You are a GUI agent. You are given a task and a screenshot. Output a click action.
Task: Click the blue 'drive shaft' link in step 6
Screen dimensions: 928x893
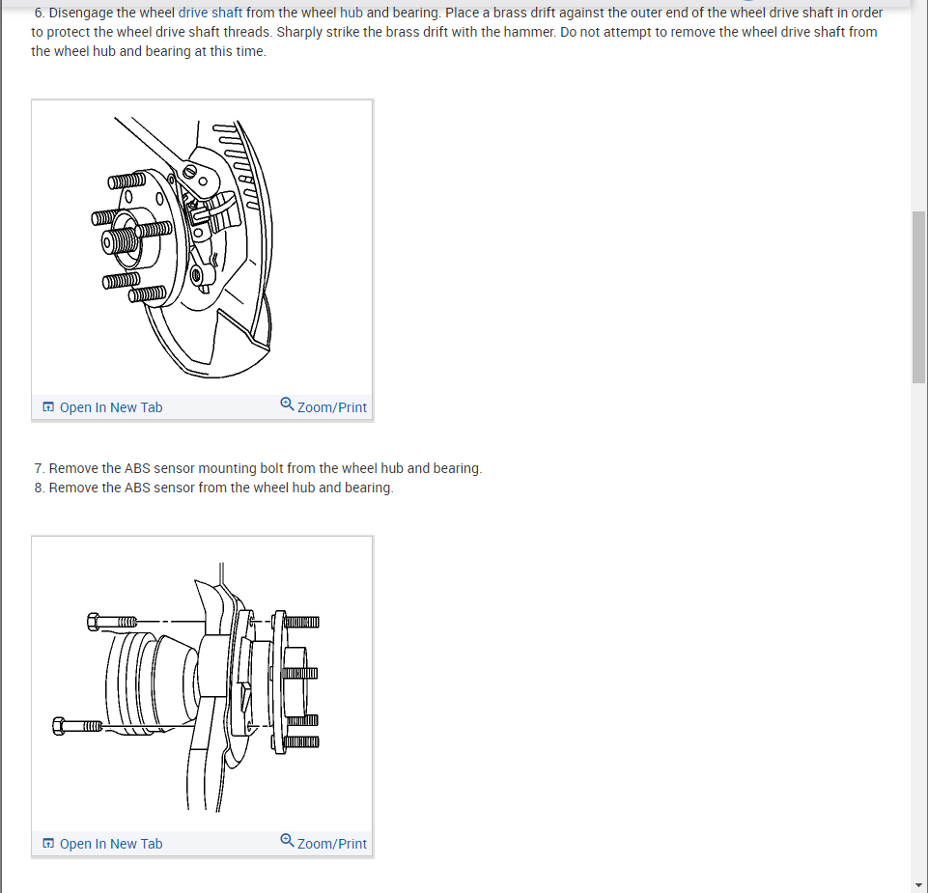(x=211, y=13)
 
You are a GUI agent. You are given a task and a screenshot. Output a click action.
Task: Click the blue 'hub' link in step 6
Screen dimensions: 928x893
(x=351, y=13)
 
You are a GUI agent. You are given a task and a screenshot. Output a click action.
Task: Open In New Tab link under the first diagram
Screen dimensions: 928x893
(x=102, y=407)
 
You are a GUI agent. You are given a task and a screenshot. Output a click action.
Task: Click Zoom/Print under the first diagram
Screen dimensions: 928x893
(x=323, y=406)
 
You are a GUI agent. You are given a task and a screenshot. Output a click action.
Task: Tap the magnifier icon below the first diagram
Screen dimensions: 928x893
(x=287, y=405)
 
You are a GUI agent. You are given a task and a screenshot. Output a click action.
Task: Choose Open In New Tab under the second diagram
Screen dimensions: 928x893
(x=102, y=844)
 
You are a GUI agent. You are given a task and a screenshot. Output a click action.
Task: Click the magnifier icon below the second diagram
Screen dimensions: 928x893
(x=287, y=840)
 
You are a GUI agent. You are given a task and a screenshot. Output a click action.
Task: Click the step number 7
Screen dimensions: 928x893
(x=40, y=468)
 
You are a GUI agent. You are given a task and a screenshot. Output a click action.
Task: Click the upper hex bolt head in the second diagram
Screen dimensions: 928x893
(x=93, y=622)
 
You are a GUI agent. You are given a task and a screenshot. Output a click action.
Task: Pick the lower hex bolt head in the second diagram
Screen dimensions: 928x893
(x=59, y=726)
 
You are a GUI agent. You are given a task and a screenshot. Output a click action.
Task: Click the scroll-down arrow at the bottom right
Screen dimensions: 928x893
(x=918, y=885)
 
